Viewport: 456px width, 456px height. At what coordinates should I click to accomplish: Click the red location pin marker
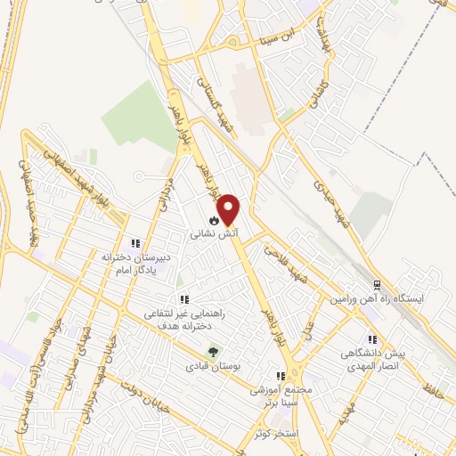(x=230, y=208)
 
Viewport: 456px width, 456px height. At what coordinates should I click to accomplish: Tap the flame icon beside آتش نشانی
(x=214, y=219)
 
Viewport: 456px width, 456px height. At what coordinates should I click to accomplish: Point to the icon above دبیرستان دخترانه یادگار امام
(x=135, y=242)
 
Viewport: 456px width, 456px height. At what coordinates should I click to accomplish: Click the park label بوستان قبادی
(x=211, y=365)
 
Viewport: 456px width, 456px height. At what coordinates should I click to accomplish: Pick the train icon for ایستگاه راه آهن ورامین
(x=377, y=285)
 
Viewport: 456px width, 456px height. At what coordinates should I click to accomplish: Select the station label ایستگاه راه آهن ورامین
(x=375, y=299)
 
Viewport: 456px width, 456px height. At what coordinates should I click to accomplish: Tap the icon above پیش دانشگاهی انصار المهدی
(x=372, y=339)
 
